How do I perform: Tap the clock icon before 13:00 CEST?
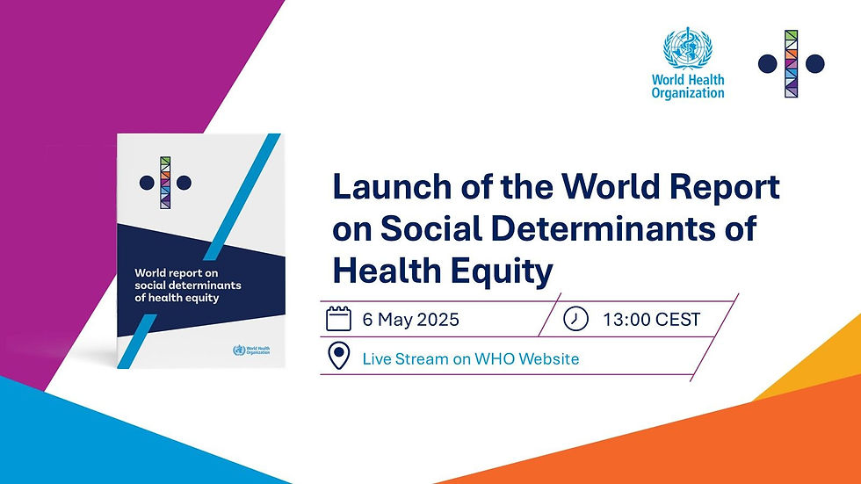575,318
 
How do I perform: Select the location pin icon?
338,358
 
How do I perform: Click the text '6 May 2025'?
410,319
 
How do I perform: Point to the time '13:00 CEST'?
651,319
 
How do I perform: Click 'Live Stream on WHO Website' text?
470,358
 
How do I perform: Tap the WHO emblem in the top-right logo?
687,49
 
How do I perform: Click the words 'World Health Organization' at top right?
688,86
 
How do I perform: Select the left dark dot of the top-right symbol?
767,63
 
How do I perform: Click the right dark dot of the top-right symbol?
815,63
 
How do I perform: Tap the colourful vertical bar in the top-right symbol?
792,63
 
